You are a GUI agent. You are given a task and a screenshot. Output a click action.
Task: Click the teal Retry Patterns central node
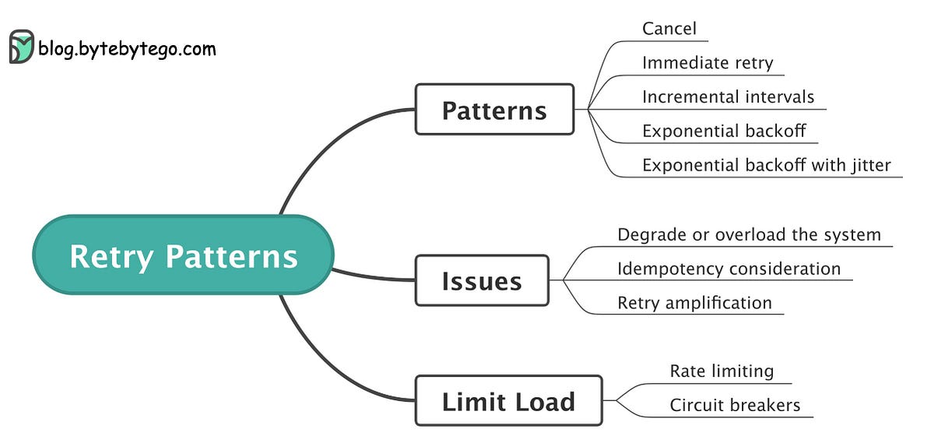[x=183, y=255]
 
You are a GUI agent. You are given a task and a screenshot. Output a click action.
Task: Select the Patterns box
[x=494, y=110]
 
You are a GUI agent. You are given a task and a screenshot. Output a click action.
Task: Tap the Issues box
[x=482, y=280]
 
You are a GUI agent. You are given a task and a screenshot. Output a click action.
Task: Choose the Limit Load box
[x=508, y=401]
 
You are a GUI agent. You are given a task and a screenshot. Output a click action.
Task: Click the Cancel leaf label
[x=669, y=29]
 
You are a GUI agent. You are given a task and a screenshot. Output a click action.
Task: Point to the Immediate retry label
[x=708, y=63]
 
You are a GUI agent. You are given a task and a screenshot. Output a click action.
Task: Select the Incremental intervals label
[x=728, y=97]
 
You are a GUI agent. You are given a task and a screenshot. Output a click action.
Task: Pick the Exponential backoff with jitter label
[x=766, y=165]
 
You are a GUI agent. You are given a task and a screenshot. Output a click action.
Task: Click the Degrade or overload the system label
[x=749, y=234]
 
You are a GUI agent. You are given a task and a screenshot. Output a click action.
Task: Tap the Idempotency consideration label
[x=729, y=269]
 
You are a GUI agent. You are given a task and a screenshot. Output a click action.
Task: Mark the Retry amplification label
[x=694, y=303]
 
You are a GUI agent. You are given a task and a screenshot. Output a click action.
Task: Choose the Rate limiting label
[x=722, y=371]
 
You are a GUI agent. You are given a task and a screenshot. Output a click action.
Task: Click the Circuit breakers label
[x=735, y=405]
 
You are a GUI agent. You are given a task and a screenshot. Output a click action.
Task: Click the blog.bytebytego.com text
[x=127, y=49]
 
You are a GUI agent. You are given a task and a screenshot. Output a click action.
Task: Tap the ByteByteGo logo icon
[x=21, y=47]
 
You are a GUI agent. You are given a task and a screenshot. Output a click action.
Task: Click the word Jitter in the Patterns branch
[x=869, y=165]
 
